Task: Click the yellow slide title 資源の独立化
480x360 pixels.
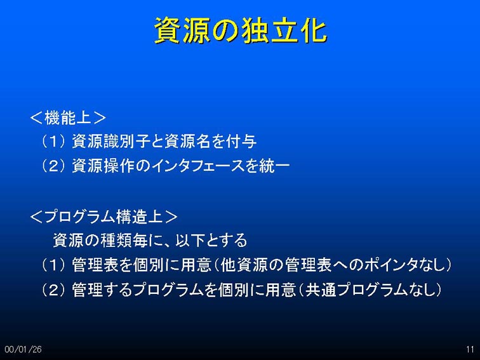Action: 241,30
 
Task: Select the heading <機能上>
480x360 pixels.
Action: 68,117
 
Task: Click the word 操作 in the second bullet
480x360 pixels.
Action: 119,166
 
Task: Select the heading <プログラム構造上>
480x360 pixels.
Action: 103,217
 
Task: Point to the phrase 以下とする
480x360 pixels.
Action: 211,240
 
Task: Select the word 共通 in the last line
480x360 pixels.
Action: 321,290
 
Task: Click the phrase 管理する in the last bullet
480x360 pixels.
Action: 102,290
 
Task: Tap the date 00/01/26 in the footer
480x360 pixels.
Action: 23,349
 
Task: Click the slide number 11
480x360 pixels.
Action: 470,349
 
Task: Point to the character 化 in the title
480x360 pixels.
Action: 314,30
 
